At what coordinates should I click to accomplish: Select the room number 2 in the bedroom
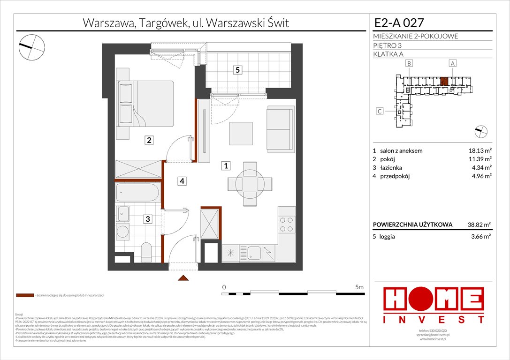point(149,140)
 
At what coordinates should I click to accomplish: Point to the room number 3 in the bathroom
point(147,218)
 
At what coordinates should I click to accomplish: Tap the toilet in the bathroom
point(146,252)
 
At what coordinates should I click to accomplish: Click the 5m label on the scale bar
point(359,287)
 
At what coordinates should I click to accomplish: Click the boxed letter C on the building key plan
point(380,112)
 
